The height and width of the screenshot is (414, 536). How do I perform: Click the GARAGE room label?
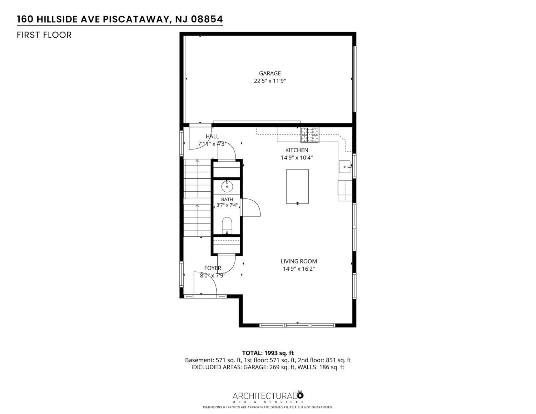269,73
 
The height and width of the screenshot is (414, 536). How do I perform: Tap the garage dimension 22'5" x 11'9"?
269,81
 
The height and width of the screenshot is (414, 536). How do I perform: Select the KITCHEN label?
297,150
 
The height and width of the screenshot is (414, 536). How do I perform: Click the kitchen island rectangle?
297,186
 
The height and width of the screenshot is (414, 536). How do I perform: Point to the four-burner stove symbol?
309,135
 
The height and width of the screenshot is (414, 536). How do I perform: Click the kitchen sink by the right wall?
344,167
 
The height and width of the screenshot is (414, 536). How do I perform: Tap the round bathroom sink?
227,186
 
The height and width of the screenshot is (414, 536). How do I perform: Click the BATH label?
227,199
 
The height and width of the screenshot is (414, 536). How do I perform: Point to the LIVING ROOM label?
299,261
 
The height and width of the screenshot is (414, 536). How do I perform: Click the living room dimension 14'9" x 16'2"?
299,269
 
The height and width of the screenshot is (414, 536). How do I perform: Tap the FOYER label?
213,268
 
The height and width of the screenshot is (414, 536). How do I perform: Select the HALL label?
212,136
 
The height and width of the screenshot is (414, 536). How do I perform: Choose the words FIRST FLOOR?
44,35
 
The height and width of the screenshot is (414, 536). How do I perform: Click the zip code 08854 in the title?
207,19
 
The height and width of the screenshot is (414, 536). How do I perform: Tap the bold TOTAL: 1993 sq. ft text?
268,353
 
